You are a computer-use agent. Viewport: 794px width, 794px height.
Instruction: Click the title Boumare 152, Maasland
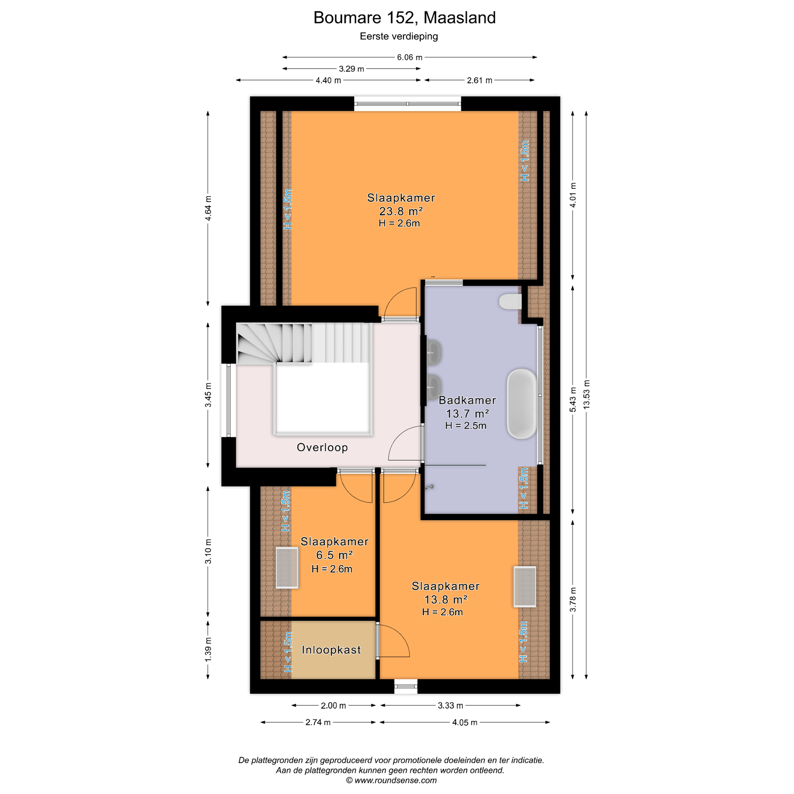point(404,18)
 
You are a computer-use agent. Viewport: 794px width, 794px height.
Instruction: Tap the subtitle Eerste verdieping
point(399,36)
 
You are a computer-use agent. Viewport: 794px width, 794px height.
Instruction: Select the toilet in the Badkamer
point(510,302)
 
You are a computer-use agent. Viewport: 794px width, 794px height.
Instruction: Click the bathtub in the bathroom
point(522,404)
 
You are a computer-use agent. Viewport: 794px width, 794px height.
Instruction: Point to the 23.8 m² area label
point(401,211)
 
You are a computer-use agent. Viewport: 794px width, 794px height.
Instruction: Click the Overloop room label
point(322,447)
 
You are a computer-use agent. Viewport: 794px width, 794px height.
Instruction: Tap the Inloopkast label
point(331,650)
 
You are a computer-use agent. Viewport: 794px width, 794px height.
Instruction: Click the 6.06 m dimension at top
point(409,57)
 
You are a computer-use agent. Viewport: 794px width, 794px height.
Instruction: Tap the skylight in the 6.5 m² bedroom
point(287,568)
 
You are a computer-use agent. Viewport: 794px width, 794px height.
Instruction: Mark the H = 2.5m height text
point(466,425)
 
